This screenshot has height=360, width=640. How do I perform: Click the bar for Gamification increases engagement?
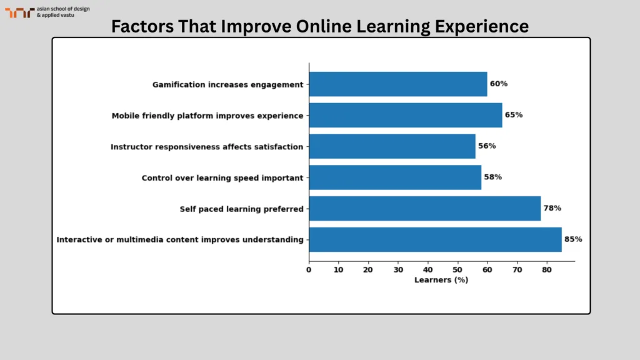[397, 84]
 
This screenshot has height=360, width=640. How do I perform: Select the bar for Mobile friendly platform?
[405, 115]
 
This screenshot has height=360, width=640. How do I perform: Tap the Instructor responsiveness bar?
[392, 146]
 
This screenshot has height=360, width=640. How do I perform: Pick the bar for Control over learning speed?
[394, 177]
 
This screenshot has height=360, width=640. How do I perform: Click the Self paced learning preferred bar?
[424, 208]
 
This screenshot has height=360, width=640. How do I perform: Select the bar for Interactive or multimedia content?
[435, 239]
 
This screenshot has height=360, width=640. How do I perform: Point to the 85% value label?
[573, 239]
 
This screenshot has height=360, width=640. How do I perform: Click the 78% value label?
[552, 208]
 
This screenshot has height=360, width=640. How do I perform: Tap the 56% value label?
[487, 146]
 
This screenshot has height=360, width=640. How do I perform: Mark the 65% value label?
[514, 115]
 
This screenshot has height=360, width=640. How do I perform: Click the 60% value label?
[499, 84]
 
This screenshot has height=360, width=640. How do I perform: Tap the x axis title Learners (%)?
[441, 280]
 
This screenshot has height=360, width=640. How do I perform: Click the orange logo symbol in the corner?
[19, 12]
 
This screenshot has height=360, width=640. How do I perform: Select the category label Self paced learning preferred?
[241, 209]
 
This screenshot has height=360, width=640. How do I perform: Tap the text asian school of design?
[63, 9]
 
